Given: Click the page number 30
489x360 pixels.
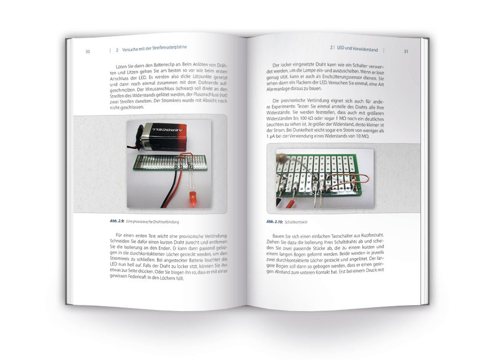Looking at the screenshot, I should point(87,51).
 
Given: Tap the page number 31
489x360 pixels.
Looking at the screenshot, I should point(406,51).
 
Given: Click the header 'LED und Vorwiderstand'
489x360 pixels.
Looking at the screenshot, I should point(356,48).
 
